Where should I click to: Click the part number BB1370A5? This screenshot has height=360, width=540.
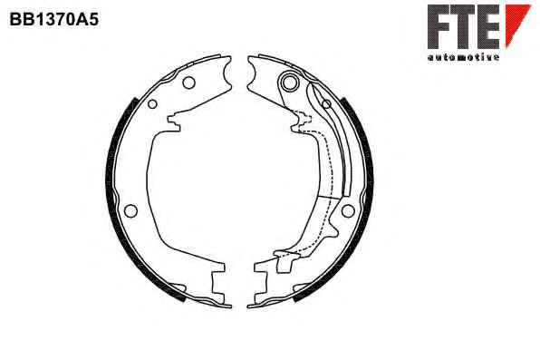pyautogui.click(x=54, y=19)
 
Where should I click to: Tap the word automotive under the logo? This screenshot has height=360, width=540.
pyautogui.click(x=463, y=57)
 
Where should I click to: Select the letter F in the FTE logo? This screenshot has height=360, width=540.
pyautogui.click(x=439, y=26)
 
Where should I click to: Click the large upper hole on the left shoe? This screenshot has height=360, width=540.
pyautogui.click(x=188, y=83)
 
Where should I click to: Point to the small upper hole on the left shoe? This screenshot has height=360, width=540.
pyautogui.click(x=152, y=103)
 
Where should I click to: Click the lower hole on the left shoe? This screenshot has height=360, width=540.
pyautogui.click(x=130, y=210)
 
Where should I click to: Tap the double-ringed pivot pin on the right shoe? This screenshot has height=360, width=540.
pyautogui.click(x=289, y=83)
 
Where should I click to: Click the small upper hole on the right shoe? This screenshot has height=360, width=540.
pyautogui.click(x=326, y=103)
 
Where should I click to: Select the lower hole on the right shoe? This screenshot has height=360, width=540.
pyautogui.click(x=348, y=210)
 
